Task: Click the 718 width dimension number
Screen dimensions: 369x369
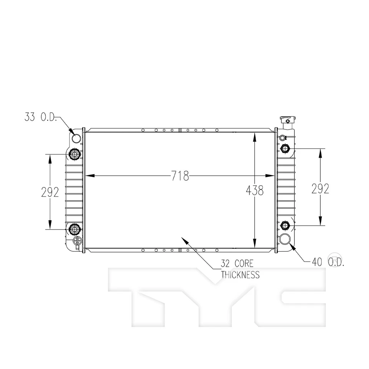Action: tap(180, 176)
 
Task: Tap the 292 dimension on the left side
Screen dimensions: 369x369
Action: tap(50, 192)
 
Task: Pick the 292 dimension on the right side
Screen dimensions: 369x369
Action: tap(320, 189)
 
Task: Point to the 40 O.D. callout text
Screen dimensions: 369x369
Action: tap(328, 263)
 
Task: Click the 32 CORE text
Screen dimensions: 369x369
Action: tap(237, 264)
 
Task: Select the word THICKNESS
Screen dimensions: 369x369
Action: tap(240, 275)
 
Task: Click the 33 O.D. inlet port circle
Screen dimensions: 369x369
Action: tap(76, 139)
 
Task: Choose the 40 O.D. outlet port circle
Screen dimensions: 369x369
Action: tap(285, 239)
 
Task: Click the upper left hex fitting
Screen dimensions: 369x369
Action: tap(74, 155)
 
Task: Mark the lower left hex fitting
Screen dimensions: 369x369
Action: tap(74, 229)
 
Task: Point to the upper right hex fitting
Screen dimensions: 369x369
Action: tap(285, 148)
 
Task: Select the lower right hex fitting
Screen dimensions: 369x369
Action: tap(285, 225)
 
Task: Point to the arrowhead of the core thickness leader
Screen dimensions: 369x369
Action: tap(184, 239)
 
